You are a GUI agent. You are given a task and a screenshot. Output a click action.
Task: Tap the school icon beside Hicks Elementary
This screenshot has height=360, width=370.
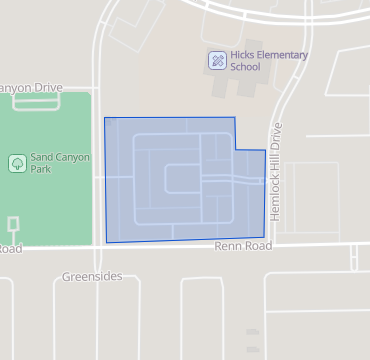(216, 61)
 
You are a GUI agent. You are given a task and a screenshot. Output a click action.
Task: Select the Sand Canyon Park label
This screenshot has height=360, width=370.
(61, 163)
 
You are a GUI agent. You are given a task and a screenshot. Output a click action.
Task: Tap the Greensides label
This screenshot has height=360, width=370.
(90, 275)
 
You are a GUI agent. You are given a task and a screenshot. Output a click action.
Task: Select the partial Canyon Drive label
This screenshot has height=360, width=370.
(30, 88)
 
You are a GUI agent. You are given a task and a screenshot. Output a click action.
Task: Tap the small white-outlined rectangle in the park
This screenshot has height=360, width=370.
(12, 222)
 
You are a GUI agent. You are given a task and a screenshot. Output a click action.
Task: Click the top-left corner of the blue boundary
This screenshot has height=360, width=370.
(105, 118)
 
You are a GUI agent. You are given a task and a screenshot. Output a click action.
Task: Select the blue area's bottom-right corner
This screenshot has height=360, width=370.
(264, 238)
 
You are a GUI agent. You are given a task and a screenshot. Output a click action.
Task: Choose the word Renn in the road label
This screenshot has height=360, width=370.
(225, 245)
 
